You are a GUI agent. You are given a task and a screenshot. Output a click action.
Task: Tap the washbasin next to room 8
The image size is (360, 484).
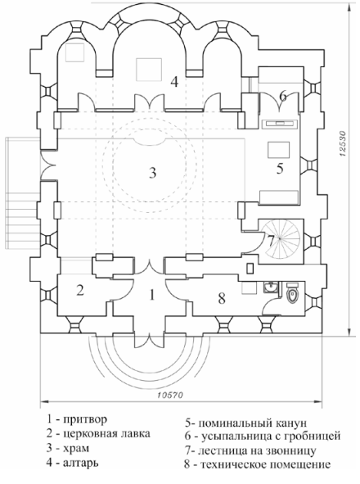click(x=271, y=287)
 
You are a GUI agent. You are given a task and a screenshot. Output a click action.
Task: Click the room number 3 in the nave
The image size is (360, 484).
click(x=152, y=173)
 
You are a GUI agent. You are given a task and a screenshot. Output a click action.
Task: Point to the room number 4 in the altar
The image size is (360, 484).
click(x=174, y=82)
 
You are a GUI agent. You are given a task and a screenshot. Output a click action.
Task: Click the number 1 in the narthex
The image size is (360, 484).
click(x=152, y=295)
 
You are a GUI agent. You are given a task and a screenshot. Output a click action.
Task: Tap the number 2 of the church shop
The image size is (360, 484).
click(x=80, y=291)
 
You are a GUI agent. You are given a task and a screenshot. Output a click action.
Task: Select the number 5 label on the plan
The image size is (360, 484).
click(x=280, y=169)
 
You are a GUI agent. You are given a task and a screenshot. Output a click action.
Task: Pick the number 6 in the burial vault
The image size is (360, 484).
click(x=283, y=96)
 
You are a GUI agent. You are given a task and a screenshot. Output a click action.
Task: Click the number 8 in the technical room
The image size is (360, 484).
click(x=222, y=298)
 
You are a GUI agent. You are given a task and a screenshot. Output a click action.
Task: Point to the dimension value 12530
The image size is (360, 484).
click(x=343, y=144)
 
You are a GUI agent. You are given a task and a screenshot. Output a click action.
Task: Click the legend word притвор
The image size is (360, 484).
click(x=85, y=419)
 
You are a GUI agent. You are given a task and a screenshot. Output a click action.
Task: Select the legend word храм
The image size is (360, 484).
click(x=76, y=448)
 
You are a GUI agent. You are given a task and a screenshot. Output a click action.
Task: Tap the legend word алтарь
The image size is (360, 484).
click(x=81, y=463)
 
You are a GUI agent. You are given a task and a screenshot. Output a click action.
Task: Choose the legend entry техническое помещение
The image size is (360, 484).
click(x=266, y=465)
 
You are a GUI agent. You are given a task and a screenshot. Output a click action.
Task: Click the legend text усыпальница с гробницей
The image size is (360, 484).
click(x=271, y=437)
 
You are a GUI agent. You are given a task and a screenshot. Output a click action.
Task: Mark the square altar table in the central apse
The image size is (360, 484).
click(x=149, y=70)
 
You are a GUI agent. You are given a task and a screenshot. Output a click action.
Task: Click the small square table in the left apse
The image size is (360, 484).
click(x=74, y=52)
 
